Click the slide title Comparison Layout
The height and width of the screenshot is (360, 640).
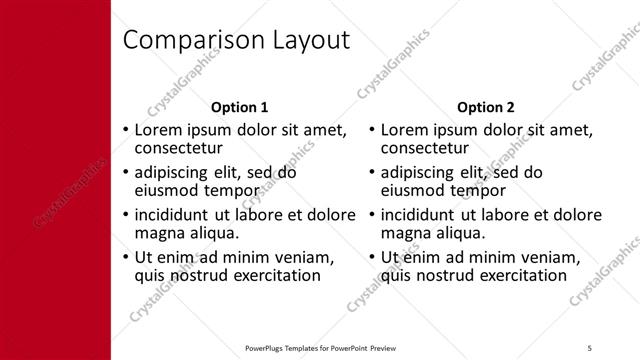(x=236, y=40)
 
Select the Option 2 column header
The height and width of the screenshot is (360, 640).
(x=486, y=107)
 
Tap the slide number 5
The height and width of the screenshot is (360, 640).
(x=590, y=346)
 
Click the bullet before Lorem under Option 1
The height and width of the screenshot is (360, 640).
(x=125, y=130)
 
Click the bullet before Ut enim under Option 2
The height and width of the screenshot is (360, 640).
(x=372, y=257)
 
